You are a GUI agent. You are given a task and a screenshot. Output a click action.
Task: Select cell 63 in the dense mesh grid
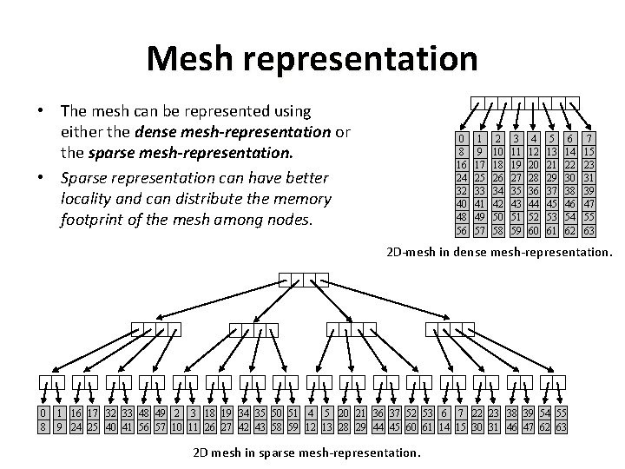point(589,231)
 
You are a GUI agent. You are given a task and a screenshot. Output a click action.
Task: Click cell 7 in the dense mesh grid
point(589,139)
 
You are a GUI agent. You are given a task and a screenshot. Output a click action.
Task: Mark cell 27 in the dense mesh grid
point(516,178)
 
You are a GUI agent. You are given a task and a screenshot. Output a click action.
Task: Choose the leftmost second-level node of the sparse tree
point(156,329)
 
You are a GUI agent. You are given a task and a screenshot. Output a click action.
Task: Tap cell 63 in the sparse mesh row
point(562,426)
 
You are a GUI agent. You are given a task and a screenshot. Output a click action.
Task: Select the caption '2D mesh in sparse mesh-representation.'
point(306,452)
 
